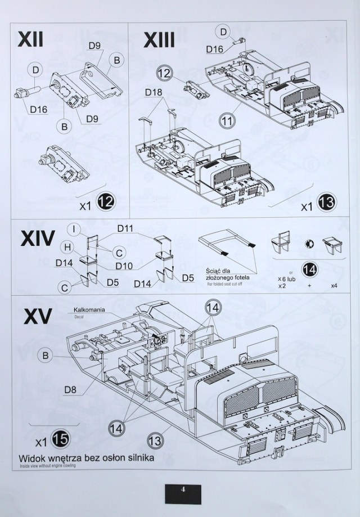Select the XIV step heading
point(37,239)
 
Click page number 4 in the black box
point(183,488)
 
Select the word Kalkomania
point(86,310)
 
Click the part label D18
point(154,92)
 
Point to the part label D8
point(70,389)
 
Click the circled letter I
point(73,229)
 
